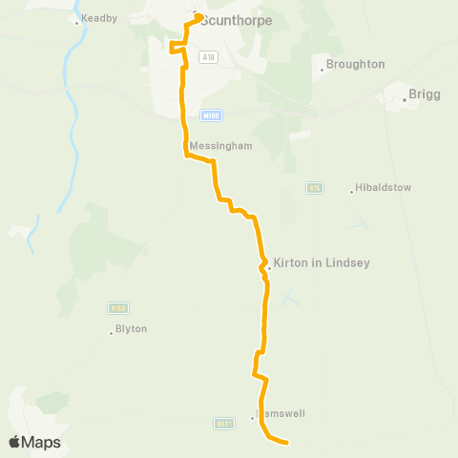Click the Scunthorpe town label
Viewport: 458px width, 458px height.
tap(238, 20)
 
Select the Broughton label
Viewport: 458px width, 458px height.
tap(355, 64)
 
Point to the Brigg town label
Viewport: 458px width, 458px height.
tap(424, 94)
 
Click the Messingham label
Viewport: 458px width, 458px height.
tap(220, 146)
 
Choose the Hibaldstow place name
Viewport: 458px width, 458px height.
tap(383, 188)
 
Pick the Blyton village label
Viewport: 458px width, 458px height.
tap(131, 328)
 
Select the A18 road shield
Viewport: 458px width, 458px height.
tap(208, 57)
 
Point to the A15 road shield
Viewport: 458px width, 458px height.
tap(316, 188)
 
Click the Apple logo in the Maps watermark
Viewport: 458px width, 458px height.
tap(15, 442)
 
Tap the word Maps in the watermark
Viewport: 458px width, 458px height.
tap(43, 442)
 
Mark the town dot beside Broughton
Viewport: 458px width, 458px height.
tap(322, 70)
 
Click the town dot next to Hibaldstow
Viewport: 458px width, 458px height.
tap(352, 192)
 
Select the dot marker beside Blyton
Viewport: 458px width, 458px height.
tap(112, 333)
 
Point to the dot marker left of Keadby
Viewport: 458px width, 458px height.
tap(77, 21)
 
